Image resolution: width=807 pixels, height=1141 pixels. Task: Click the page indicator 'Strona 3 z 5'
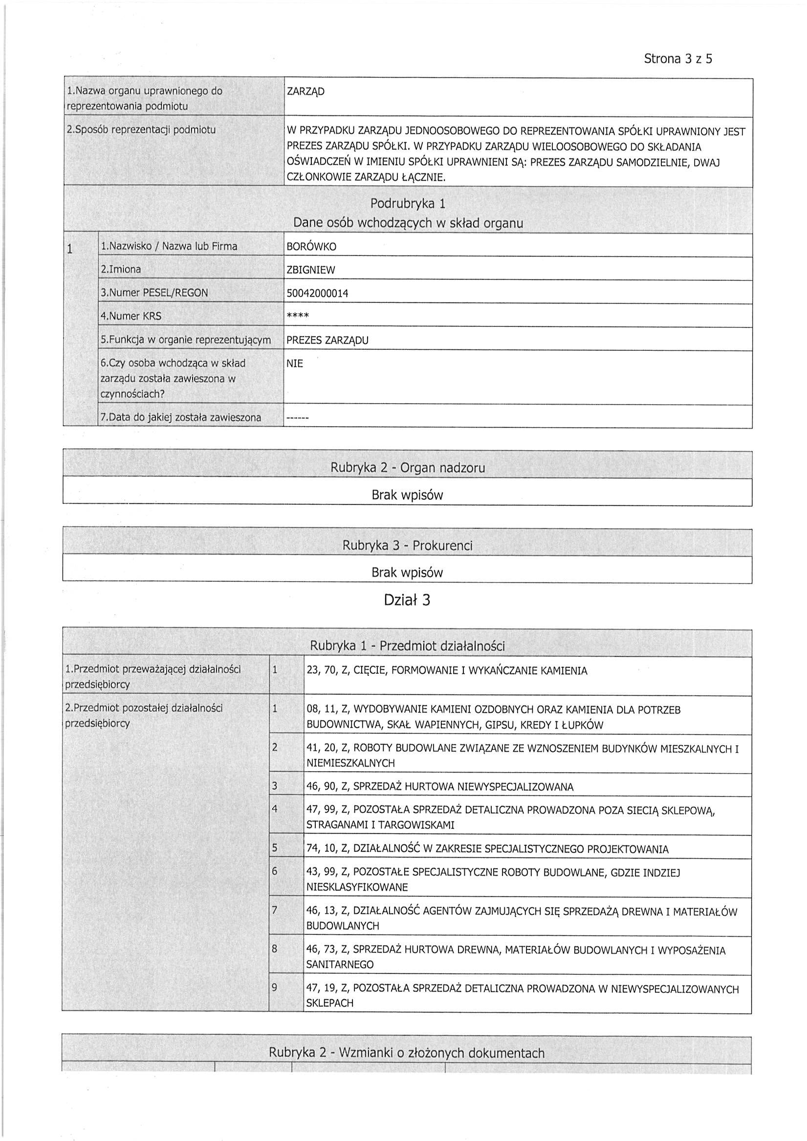click(x=678, y=59)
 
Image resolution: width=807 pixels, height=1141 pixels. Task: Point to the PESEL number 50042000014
click(x=317, y=293)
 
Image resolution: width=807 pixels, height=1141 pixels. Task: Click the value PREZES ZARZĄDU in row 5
click(x=327, y=341)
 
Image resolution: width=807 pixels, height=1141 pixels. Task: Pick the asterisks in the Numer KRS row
click(x=298, y=316)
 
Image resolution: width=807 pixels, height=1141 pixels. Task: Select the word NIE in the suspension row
click(x=295, y=364)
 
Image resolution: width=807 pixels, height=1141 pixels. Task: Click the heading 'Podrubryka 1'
click(x=408, y=204)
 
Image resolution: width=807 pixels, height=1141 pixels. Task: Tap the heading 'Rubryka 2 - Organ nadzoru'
click(x=408, y=468)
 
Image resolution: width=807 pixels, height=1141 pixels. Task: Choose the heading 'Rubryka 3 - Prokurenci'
click(x=407, y=546)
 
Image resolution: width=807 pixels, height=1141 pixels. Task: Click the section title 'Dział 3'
click(x=407, y=601)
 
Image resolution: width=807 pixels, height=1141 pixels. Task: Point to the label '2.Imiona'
click(x=121, y=269)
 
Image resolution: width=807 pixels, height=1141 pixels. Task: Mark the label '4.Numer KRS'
click(x=131, y=316)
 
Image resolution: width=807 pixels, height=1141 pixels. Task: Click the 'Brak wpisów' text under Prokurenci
click(x=407, y=573)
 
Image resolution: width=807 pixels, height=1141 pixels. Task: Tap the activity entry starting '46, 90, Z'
click(x=439, y=787)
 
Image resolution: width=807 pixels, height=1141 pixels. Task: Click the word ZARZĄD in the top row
click(x=305, y=92)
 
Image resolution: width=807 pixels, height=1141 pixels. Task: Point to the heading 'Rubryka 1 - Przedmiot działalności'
click(x=407, y=646)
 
